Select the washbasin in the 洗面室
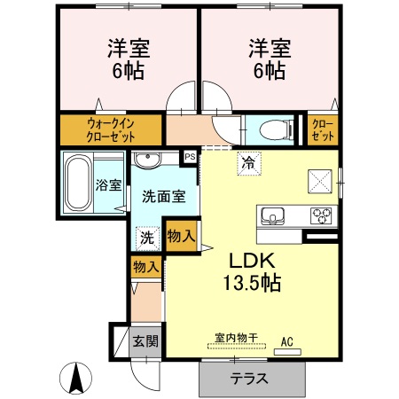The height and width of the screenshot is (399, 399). pos(149,160)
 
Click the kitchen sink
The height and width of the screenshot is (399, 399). pos(271,215)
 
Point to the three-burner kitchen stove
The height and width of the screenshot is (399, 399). pos(319,215)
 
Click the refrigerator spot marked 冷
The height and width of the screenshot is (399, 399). pos(248,162)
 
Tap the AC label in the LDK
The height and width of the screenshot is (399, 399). pos(286,340)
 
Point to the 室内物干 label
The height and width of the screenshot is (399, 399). pos(235,337)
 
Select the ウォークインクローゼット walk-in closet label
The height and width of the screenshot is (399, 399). pos(111,129)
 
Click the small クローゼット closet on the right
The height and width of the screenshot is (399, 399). pos(322,129)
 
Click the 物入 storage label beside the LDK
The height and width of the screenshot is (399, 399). pos(180,237)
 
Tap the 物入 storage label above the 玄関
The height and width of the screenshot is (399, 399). pos(145,266)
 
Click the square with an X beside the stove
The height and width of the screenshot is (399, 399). pos(320,180)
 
